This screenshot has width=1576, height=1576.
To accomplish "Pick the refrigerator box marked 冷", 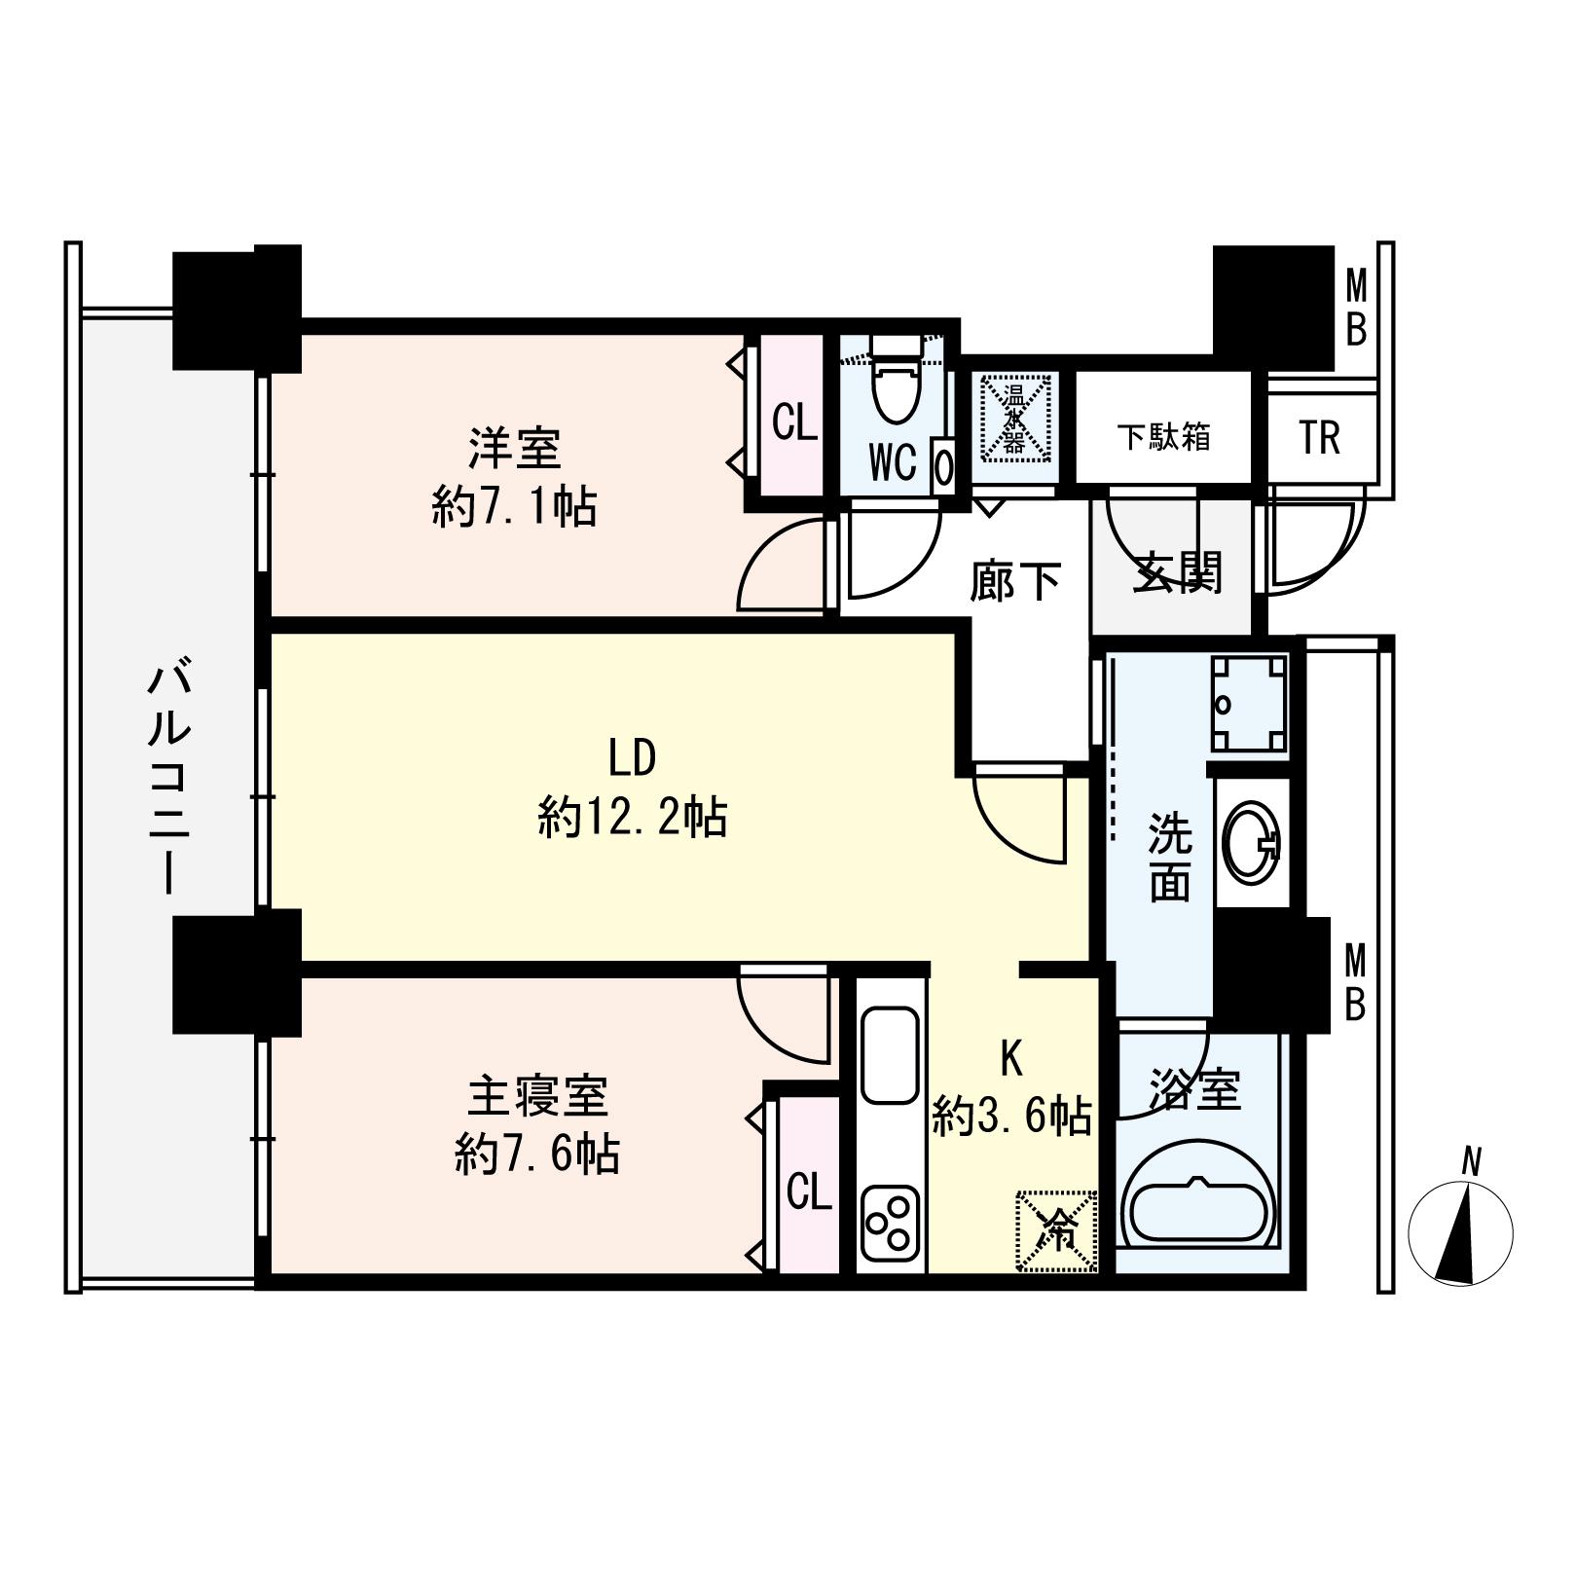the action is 1057,1230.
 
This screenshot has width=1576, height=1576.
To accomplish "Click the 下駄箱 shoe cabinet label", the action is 1163,437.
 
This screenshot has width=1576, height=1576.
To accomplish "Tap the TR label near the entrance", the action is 1319,438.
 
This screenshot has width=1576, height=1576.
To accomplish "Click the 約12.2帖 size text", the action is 632,817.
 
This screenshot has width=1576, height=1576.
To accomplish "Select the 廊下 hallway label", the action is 1015,581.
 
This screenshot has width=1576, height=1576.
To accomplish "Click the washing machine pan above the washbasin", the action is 1250,704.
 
